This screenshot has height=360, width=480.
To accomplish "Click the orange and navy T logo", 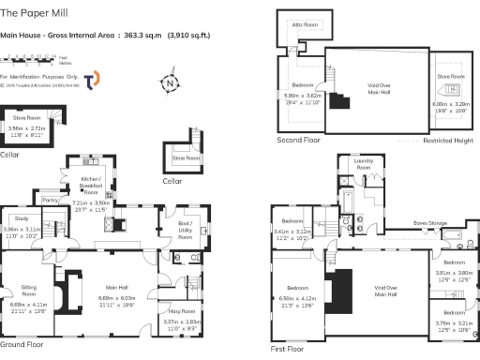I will [x=91, y=81].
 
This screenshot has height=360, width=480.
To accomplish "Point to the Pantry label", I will [x=52, y=199].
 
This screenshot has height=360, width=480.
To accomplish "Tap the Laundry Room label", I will [x=364, y=164].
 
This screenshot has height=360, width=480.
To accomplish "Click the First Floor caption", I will [x=287, y=348].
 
